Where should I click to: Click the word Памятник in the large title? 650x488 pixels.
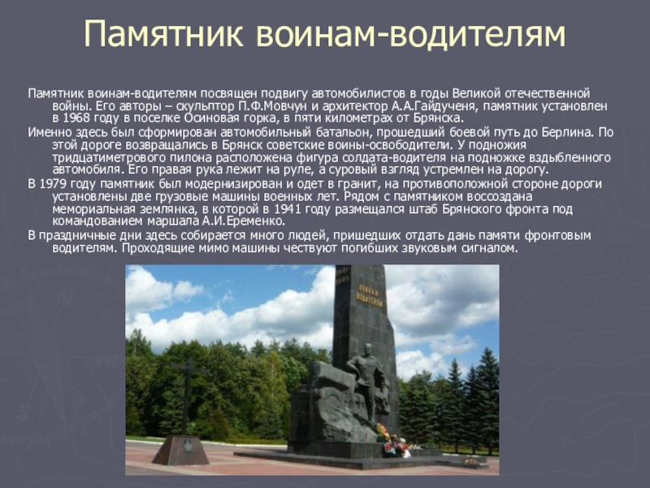click(163, 34)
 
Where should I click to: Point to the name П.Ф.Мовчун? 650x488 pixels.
click(273, 106)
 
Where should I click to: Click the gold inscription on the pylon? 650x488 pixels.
click(370, 296)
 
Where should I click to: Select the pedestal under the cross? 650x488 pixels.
click(180, 449)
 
